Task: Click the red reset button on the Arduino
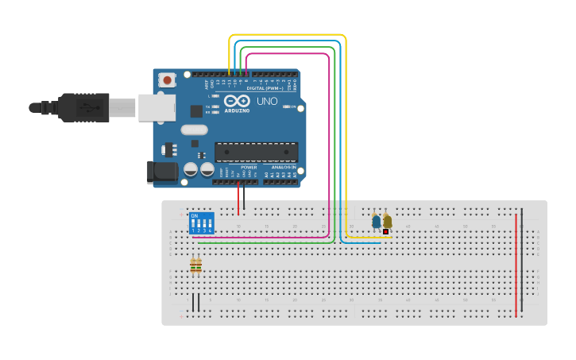(x=167, y=80)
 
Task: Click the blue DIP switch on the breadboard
(x=201, y=223)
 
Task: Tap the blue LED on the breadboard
(x=376, y=222)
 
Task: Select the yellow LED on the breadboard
(x=387, y=222)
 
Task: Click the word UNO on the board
(x=267, y=101)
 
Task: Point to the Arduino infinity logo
(x=236, y=101)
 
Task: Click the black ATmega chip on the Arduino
(x=256, y=152)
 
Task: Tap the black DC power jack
(x=162, y=172)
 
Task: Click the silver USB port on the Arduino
(x=157, y=107)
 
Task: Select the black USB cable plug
(x=83, y=107)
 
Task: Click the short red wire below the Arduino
(x=238, y=199)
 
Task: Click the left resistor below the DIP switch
(x=193, y=265)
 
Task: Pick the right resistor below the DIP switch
(x=199, y=265)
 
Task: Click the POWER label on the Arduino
(x=249, y=168)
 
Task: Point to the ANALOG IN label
(x=282, y=168)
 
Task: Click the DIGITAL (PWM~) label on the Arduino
(x=261, y=88)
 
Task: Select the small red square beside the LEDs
(x=385, y=232)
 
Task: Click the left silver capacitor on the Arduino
(x=191, y=169)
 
